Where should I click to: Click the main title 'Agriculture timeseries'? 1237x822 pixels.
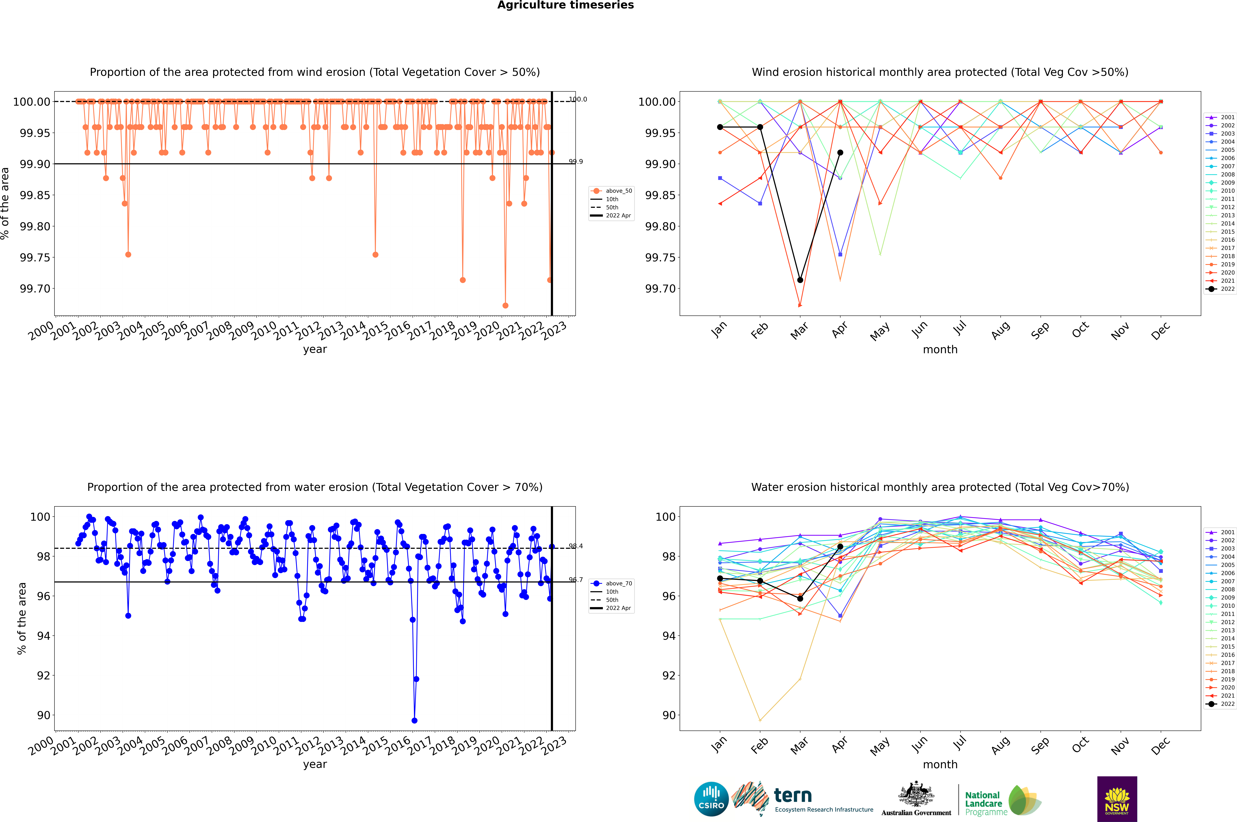coord(565,5)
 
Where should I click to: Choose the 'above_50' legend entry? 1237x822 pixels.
coord(619,191)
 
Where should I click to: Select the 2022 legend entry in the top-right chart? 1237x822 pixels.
coord(1227,289)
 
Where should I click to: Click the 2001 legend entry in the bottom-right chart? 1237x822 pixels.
coord(1227,532)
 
